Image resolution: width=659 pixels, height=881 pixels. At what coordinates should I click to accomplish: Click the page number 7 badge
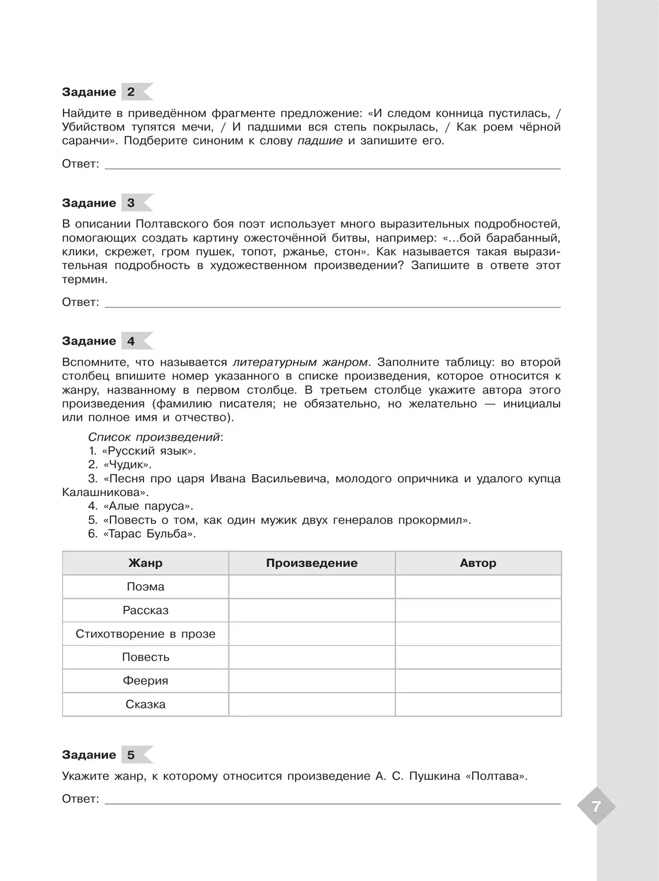coord(596,806)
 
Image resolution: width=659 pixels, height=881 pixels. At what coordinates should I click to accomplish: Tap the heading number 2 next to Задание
coord(131,92)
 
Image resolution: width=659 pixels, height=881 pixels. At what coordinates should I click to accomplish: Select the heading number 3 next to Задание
coord(131,203)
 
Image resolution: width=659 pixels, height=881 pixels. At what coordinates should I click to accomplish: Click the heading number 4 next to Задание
coord(131,341)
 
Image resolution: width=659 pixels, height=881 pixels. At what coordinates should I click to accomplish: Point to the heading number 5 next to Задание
coord(131,755)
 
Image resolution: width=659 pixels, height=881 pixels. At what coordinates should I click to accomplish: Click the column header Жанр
coord(146,563)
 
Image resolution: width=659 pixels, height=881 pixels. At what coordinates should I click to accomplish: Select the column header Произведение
coord(311,563)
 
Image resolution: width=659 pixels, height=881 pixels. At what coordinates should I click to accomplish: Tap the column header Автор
coord(478,563)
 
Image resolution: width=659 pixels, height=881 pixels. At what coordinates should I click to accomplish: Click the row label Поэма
coord(146,587)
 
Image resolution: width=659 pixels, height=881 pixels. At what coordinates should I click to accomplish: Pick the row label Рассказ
coord(146,610)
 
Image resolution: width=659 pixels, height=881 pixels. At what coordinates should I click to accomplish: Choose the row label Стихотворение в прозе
coord(146,634)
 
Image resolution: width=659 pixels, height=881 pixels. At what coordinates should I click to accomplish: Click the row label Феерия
coord(146,681)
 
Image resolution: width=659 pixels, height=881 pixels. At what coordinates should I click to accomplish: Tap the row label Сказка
coord(146,704)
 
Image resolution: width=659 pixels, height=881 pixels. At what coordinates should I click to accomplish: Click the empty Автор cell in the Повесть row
coord(478,657)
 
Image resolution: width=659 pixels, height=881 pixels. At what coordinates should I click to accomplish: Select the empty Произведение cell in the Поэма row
coord(311,587)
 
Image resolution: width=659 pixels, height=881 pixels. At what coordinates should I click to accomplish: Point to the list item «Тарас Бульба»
coord(149,533)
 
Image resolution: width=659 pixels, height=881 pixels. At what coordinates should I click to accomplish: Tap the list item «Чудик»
coord(127,465)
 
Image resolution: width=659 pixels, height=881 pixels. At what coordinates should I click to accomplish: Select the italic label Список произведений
coord(155,437)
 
